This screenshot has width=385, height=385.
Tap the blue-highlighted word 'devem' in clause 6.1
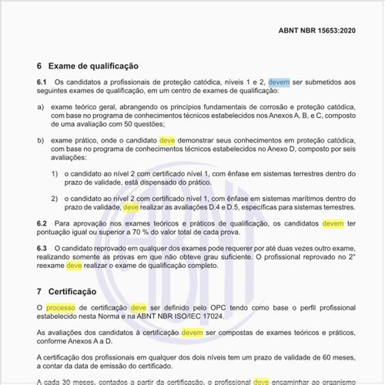click(279, 82)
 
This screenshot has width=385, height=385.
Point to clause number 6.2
click(42, 223)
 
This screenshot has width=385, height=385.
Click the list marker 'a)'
click(40, 107)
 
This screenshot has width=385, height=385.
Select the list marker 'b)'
click(40, 140)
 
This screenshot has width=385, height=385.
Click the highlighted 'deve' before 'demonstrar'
click(167, 140)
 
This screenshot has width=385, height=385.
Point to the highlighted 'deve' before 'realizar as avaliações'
click(131, 207)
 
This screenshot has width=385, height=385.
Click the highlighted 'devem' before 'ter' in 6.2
click(333, 223)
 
